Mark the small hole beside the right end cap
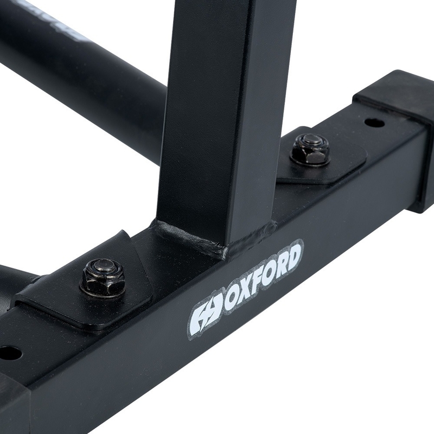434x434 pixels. coord(374,123)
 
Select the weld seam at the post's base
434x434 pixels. coord(212,239)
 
